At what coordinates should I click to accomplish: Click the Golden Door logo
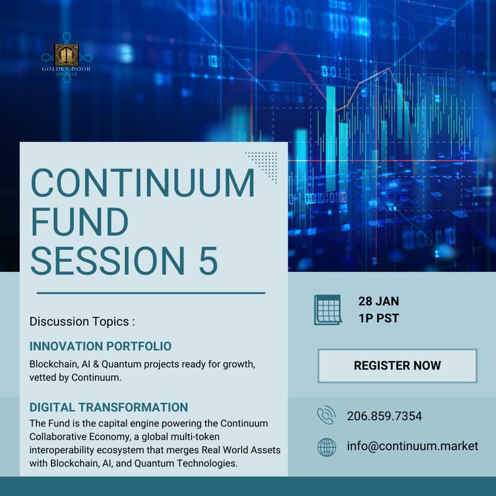(x=66, y=56)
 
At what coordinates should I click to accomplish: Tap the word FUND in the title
(x=79, y=221)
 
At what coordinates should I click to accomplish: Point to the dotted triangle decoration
(x=263, y=166)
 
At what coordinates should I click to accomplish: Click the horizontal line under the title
(x=151, y=293)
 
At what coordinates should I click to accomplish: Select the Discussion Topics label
(x=82, y=322)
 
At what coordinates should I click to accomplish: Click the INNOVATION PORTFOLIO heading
(x=100, y=346)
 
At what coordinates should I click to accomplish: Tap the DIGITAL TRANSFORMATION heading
(x=108, y=407)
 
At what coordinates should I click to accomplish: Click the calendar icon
(x=327, y=309)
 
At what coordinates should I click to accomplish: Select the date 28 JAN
(x=379, y=301)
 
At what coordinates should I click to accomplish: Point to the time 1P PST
(x=378, y=319)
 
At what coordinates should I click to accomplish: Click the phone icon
(x=326, y=416)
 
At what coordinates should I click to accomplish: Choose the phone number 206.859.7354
(x=384, y=416)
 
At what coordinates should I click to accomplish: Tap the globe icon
(x=327, y=446)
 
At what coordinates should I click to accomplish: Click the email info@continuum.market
(x=412, y=446)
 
